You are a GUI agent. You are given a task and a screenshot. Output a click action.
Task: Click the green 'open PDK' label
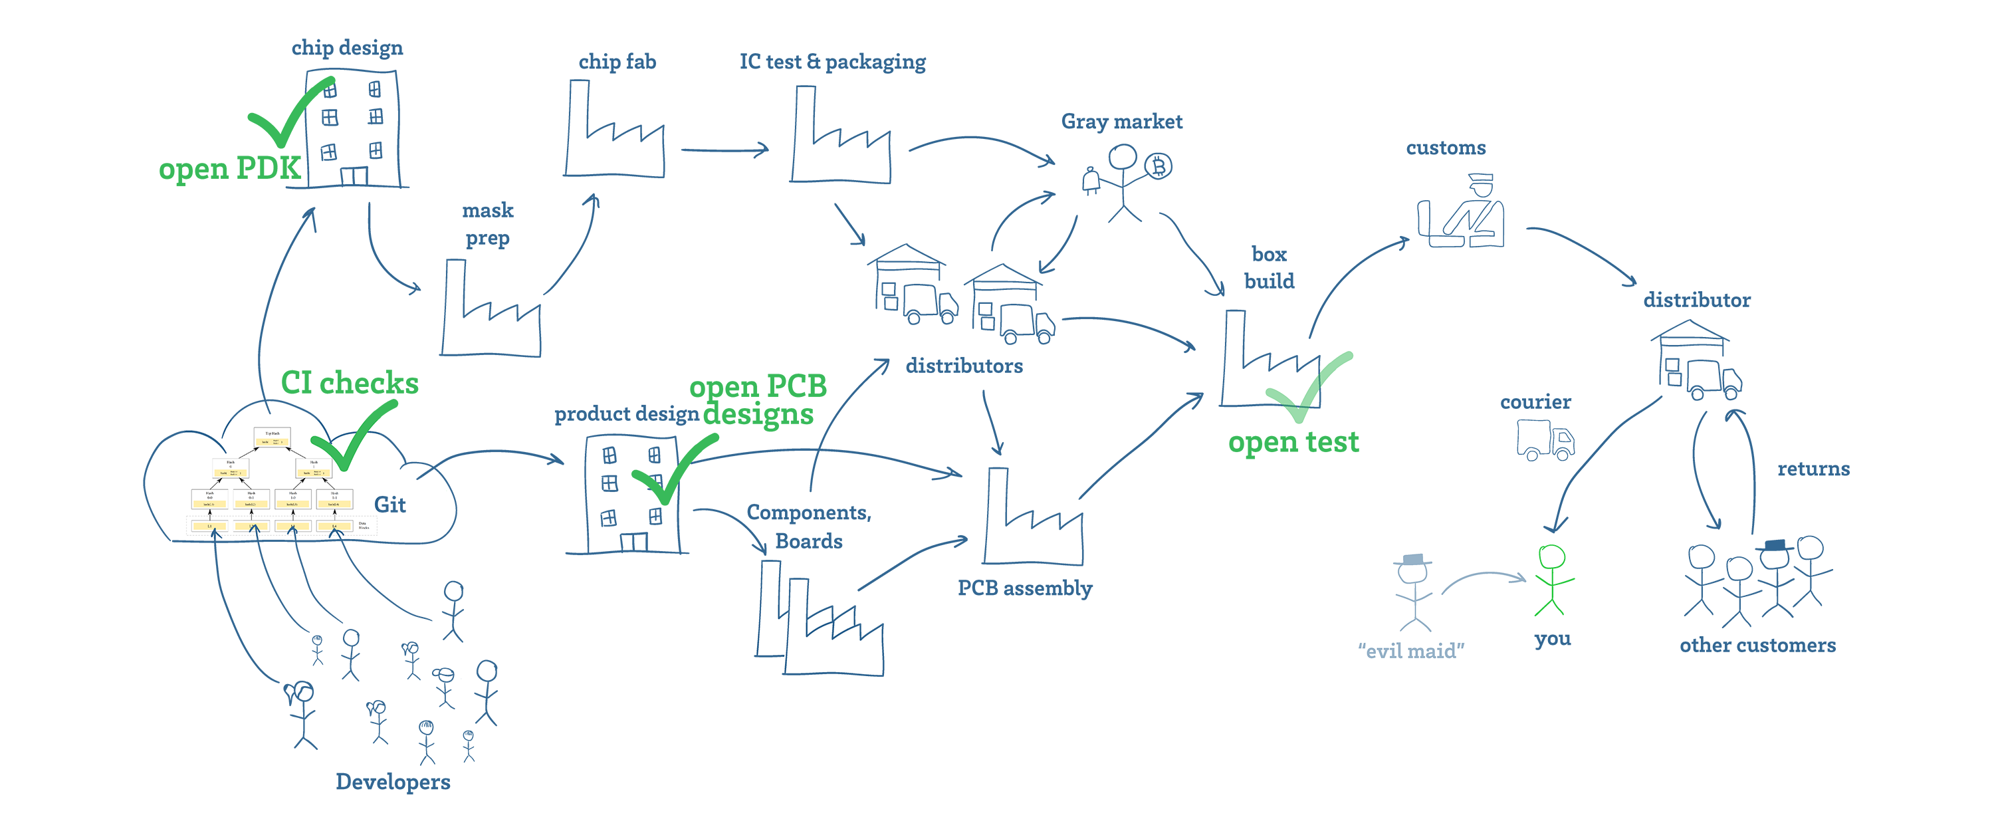(229, 168)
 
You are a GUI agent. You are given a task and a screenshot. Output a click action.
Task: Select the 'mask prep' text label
(488, 224)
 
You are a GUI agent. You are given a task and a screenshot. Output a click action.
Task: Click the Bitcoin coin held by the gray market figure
(1159, 166)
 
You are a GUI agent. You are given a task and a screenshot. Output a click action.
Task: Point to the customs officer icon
(1462, 212)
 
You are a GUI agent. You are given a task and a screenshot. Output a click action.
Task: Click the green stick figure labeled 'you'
(1553, 580)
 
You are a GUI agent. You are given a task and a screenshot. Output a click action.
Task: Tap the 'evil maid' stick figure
(1414, 592)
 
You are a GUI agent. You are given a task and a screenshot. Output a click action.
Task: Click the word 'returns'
(1813, 469)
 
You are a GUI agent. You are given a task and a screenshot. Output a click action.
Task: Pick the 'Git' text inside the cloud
(390, 505)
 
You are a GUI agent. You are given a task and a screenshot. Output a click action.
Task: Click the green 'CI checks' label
(349, 382)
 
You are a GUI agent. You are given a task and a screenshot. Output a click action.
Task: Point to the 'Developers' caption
(392, 781)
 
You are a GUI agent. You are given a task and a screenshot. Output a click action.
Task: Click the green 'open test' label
(1293, 442)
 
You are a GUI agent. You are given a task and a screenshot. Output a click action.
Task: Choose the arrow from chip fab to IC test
(724, 150)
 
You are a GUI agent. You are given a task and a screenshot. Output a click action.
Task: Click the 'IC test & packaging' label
(832, 62)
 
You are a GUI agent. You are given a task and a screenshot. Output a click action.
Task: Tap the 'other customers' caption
(1757, 645)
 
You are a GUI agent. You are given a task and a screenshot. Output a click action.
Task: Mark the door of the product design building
(634, 541)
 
